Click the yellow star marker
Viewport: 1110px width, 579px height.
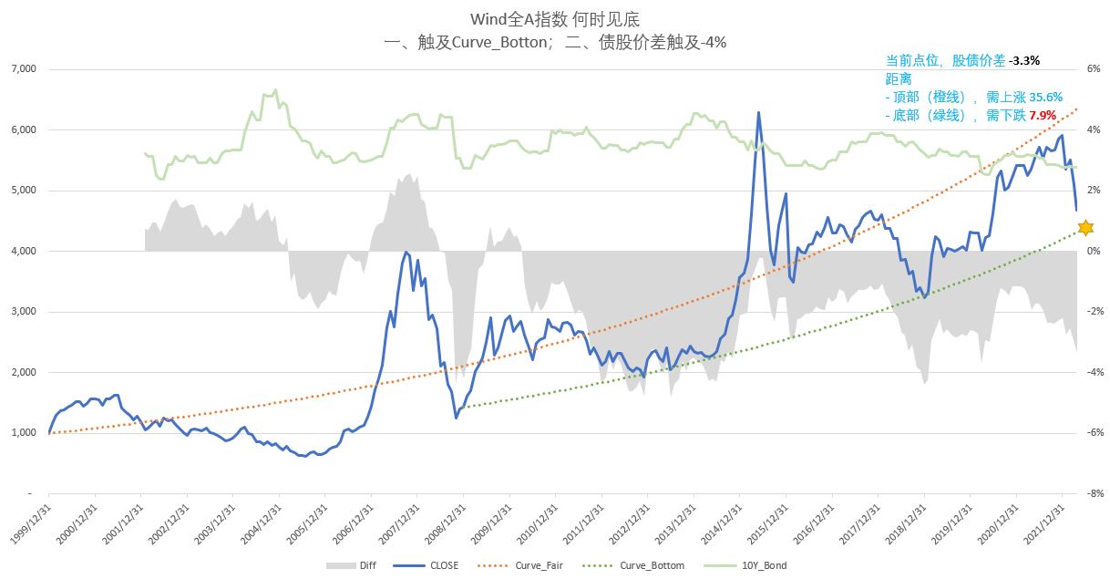tap(1084, 227)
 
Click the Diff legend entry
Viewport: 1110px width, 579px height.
tap(361, 565)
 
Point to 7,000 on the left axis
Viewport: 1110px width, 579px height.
tap(22, 69)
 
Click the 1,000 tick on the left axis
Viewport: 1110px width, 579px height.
tap(22, 433)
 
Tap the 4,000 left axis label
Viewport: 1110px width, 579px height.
tap(22, 251)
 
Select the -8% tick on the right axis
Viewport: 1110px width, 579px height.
tap(1095, 493)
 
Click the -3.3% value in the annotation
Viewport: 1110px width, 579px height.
tap(1024, 60)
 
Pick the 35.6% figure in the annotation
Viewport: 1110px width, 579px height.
tap(1044, 97)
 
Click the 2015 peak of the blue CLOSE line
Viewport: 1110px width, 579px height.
tap(757, 112)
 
